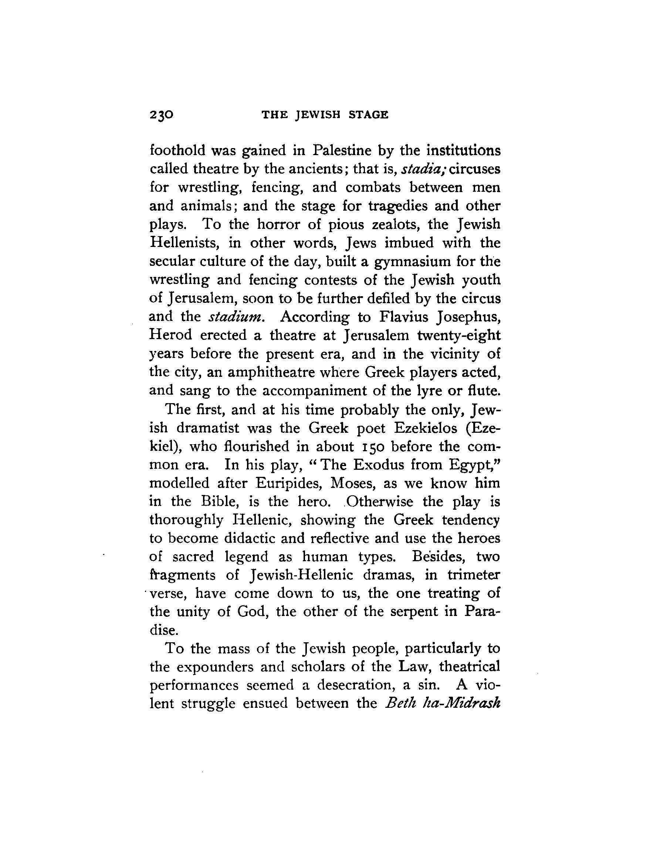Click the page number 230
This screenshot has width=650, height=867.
click(x=161, y=115)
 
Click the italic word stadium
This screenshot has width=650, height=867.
click(x=237, y=316)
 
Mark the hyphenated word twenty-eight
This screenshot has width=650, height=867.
click(x=459, y=335)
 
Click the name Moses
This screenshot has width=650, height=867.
click(x=353, y=483)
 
